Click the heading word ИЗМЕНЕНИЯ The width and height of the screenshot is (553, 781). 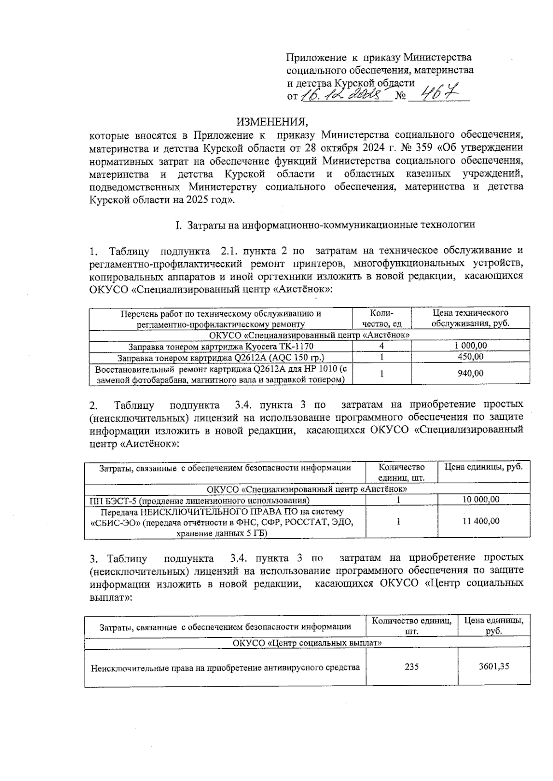[271, 122]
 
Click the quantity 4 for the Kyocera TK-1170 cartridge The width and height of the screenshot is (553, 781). [382, 346]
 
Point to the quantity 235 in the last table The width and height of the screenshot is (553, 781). [411, 666]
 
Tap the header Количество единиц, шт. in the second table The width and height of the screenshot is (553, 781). [401, 472]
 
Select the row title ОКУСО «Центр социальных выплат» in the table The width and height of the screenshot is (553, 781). [307, 642]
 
